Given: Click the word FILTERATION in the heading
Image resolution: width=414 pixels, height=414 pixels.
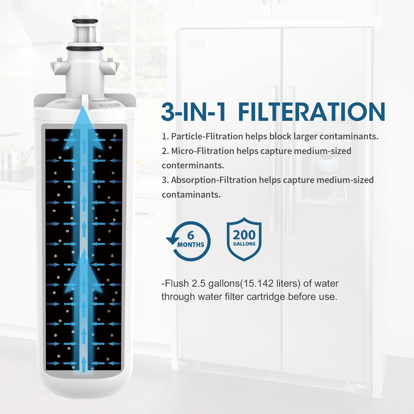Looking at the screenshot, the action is (312, 112).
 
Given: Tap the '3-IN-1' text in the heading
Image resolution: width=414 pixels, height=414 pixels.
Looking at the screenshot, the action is (194, 112).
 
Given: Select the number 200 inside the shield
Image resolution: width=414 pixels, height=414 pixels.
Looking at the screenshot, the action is (244, 235).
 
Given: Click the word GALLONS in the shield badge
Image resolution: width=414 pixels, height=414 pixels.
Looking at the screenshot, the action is (244, 244).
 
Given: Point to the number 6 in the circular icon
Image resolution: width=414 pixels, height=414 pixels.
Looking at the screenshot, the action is (191, 235).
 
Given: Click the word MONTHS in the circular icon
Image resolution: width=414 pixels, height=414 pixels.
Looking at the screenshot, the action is (191, 245).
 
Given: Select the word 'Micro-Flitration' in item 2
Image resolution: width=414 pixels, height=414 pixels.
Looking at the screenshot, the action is (203, 151).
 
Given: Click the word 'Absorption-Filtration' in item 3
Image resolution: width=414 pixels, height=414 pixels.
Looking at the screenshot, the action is (214, 180).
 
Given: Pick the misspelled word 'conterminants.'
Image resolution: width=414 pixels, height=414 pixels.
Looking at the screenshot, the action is (193, 165).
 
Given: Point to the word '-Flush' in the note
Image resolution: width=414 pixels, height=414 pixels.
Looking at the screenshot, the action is (175, 284).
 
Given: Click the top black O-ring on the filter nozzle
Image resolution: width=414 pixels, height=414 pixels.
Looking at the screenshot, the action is (85, 21).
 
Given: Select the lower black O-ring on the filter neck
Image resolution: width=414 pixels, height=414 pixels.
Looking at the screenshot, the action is (85, 48).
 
